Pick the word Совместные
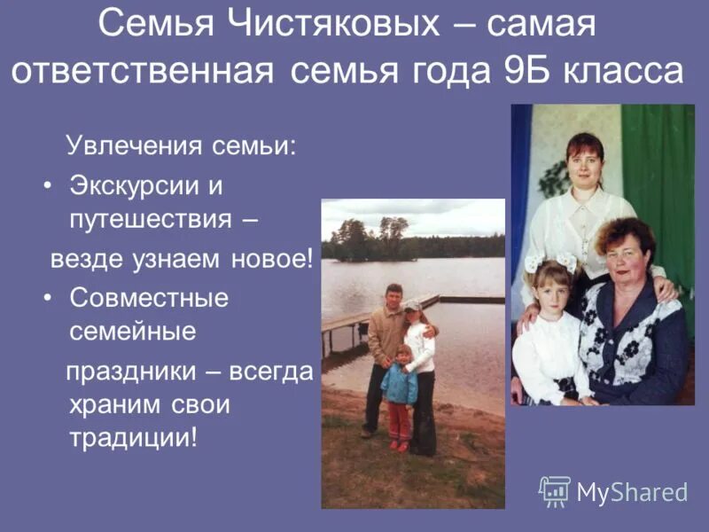(x=149, y=298)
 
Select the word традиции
(x=131, y=438)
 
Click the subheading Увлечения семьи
(x=182, y=145)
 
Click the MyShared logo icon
(x=555, y=490)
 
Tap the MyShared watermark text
(x=633, y=492)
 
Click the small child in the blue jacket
(x=400, y=390)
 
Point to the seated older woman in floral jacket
(x=629, y=319)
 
